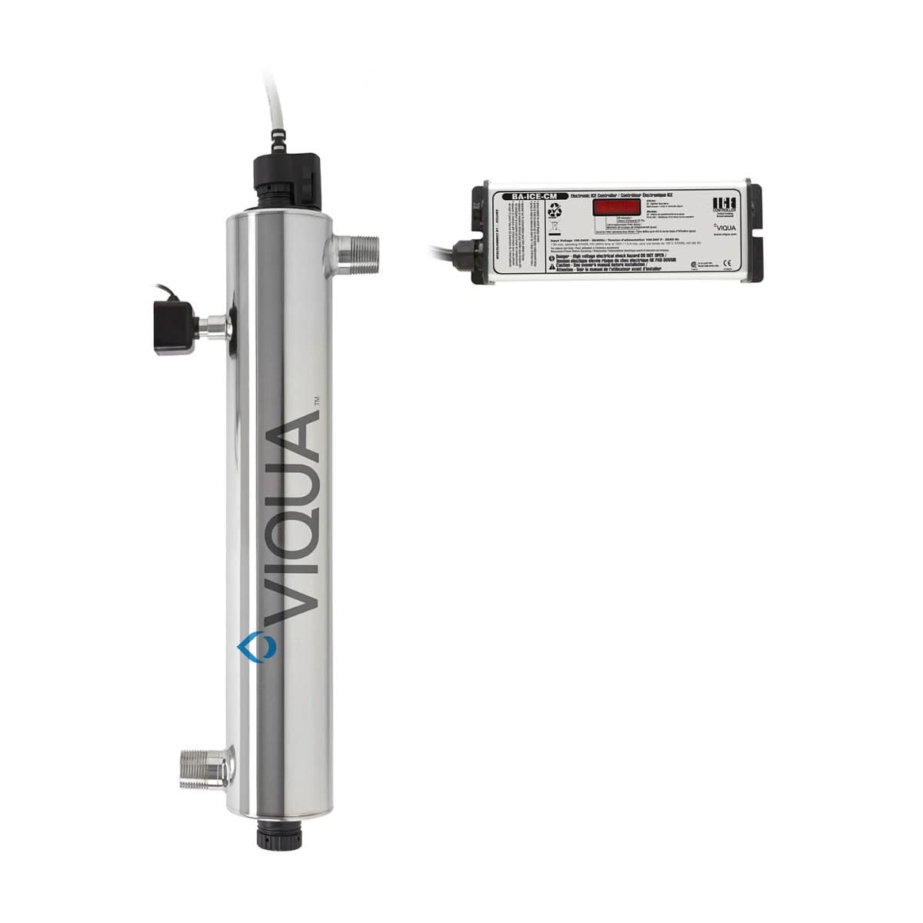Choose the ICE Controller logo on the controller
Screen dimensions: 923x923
(x=725, y=205)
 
